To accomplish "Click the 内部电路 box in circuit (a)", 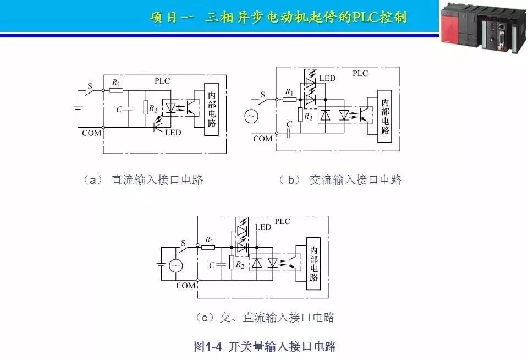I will point(212,109).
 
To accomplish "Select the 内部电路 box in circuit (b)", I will point(385,116).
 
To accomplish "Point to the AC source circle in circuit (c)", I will point(175,266).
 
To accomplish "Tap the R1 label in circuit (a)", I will point(116,83).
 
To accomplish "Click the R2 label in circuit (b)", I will point(309,117).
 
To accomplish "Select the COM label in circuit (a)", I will point(92,133).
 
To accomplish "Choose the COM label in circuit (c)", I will point(185,286).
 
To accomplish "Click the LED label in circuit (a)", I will point(173,133).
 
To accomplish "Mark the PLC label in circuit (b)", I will point(360,73).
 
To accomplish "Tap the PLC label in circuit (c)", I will point(282,221).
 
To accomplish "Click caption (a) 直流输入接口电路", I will point(143,180).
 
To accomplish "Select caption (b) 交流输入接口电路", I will point(341,180).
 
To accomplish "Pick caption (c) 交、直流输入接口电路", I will point(265,318).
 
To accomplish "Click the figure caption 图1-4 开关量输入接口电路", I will point(265,346).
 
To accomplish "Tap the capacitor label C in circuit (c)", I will point(212,265).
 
